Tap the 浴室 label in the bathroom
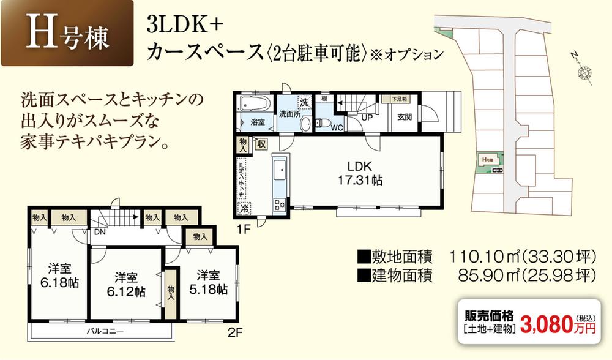point(257,122)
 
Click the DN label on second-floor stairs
point(100,233)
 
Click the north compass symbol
point(585,72)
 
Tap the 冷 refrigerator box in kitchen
point(244,208)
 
